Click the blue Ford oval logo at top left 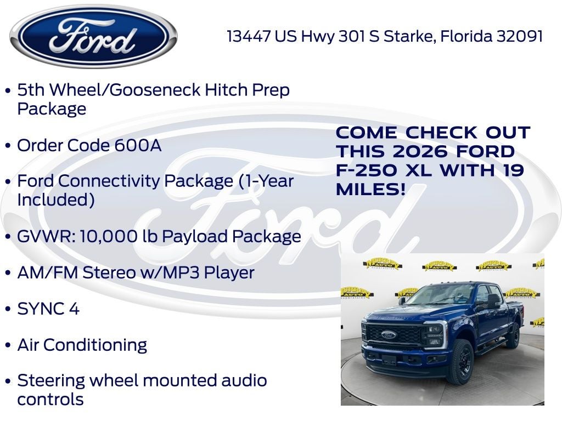click(93, 37)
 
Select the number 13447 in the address click(249, 36)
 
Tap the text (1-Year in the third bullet click(266, 181)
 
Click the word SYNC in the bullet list click(40, 309)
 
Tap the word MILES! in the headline click(371, 190)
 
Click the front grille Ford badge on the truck click(389, 334)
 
